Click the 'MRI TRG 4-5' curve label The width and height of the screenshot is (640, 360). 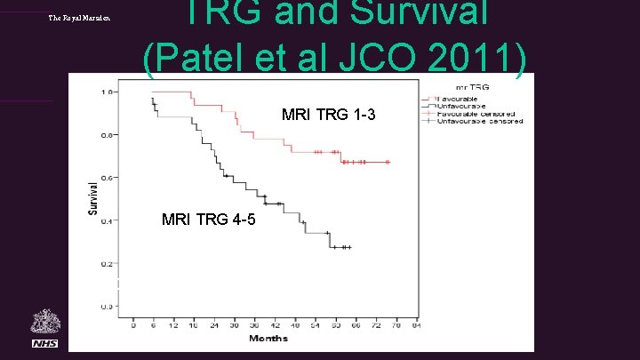coord(209,219)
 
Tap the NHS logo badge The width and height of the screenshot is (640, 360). coord(44,343)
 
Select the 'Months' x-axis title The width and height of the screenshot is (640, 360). coord(268,338)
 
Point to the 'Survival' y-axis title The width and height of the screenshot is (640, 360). coord(92,197)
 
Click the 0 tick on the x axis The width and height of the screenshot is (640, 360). coord(133,325)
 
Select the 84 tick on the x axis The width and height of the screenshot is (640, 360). coord(415,325)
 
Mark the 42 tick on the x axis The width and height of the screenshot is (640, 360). coord(275,325)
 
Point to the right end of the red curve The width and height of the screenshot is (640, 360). coord(389,163)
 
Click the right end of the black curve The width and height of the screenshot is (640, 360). coord(350,247)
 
